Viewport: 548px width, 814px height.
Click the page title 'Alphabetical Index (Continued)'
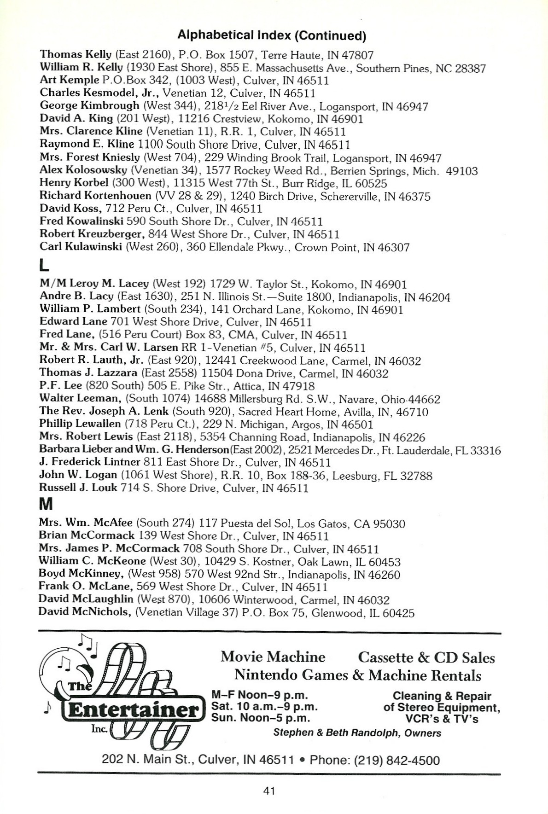[272, 35]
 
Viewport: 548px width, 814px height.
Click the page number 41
[269, 791]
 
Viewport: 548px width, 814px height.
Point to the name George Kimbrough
[89, 106]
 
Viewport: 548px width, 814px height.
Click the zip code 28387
[470, 68]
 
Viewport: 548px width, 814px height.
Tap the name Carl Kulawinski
[82, 247]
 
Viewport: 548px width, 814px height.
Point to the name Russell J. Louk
[78, 488]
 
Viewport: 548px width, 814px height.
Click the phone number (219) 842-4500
[374, 760]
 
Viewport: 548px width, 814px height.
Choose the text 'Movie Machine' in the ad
[273, 657]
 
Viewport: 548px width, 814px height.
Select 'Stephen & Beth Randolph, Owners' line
[357, 733]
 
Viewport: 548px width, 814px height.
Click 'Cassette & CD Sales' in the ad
[426, 657]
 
